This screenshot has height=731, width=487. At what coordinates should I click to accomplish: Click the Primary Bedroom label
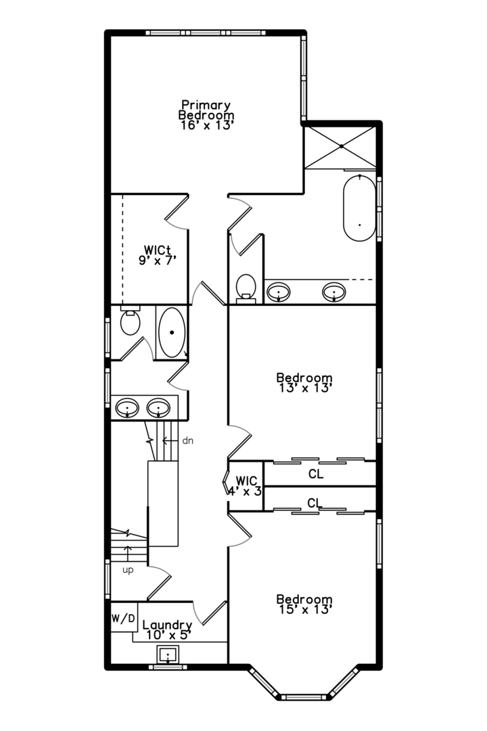(206, 110)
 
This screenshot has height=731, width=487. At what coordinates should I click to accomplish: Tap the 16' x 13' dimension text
(206, 125)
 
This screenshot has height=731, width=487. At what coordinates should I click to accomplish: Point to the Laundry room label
(168, 625)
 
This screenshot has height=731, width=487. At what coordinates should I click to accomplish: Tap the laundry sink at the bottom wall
(168, 655)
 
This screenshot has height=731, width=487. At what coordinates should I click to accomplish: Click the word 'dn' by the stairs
(188, 441)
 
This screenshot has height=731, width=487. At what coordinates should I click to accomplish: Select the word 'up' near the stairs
(128, 570)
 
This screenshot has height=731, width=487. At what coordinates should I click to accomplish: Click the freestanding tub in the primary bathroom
(359, 208)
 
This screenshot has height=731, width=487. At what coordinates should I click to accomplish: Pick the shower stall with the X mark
(342, 146)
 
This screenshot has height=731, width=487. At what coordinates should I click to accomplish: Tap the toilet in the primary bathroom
(246, 287)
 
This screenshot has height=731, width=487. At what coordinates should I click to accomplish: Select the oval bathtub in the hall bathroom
(172, 332)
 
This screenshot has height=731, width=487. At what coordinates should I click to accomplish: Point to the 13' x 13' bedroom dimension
(304, 389)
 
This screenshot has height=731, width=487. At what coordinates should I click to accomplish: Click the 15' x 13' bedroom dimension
(304, 611)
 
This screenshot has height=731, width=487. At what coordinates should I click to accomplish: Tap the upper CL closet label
(316, 474)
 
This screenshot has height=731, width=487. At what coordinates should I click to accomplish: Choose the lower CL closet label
(314, 503)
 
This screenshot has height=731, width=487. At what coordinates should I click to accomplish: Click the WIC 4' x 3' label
(246, 486)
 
